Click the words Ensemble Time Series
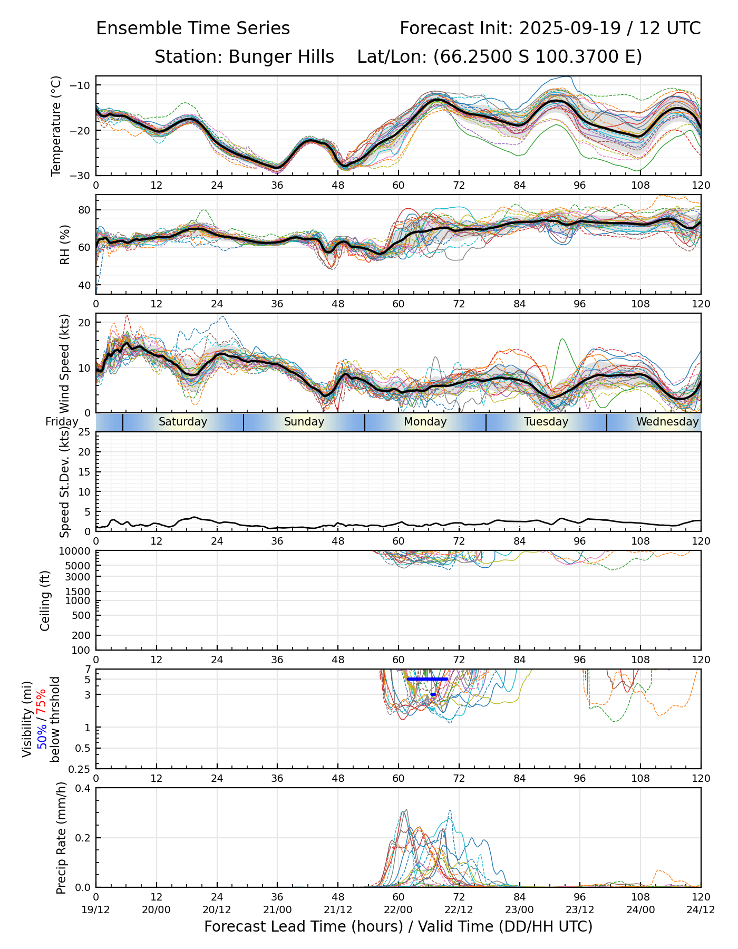193,28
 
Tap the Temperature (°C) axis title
56,125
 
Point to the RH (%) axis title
65,245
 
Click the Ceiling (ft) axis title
45,601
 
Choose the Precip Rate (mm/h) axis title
61,838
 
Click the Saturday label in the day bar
182,422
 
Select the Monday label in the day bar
425,422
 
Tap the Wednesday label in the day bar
667,422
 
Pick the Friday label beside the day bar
62,422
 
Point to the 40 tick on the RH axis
84,285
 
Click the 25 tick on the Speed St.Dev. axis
84,432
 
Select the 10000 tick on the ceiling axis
77,551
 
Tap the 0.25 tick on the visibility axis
81,769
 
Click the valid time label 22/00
399,909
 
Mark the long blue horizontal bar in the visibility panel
427,679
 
